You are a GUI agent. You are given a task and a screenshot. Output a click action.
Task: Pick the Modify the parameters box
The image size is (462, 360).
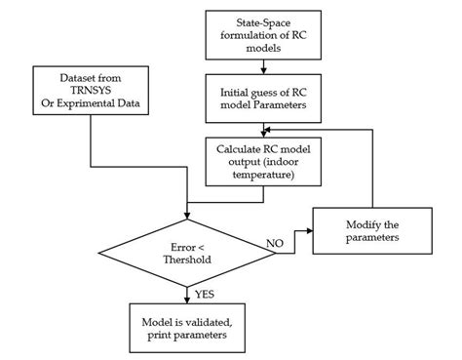coord(372,230)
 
